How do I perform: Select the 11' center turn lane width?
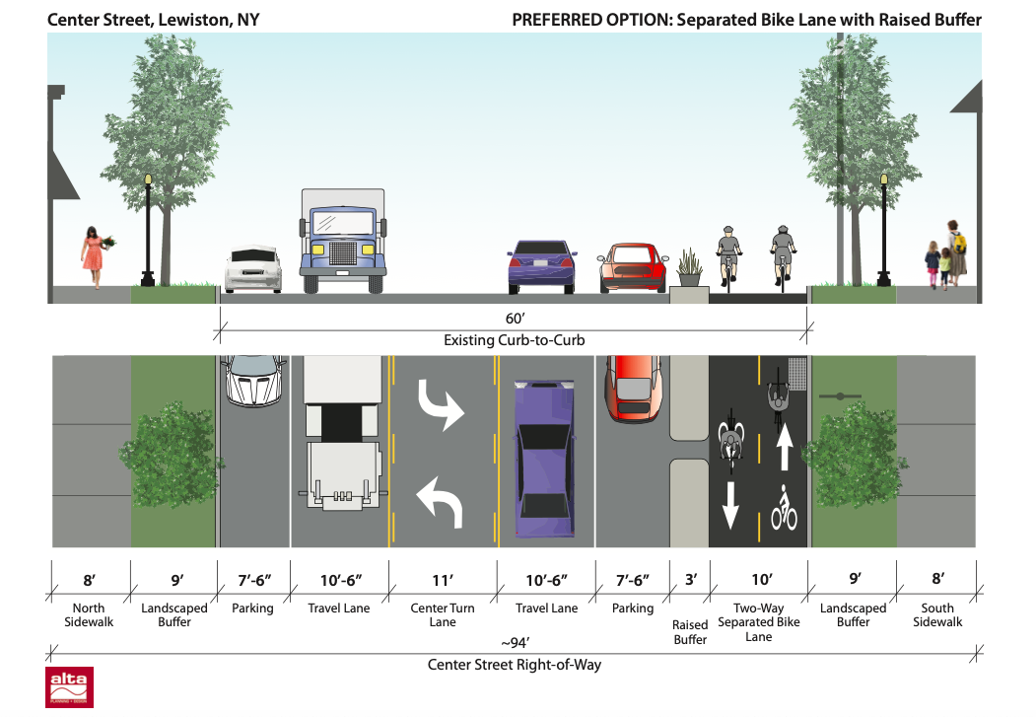tap(443, 580)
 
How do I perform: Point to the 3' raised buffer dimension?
tap(690, 580)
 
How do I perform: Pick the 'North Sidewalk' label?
tap(88, 614)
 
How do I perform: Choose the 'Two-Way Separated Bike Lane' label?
tap(758, 622)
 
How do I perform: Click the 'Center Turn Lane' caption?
tap(443, 614)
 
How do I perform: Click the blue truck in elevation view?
tap(341, 242)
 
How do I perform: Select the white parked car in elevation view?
tap(253, 269)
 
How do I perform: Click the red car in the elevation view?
tap(634, 267)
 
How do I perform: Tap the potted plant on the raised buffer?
tap(688, 267)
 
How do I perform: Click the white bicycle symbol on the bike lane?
tap(784, 508)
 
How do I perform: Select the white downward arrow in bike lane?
tap(730, 504)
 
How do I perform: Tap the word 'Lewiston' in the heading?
tap(176, 20)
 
